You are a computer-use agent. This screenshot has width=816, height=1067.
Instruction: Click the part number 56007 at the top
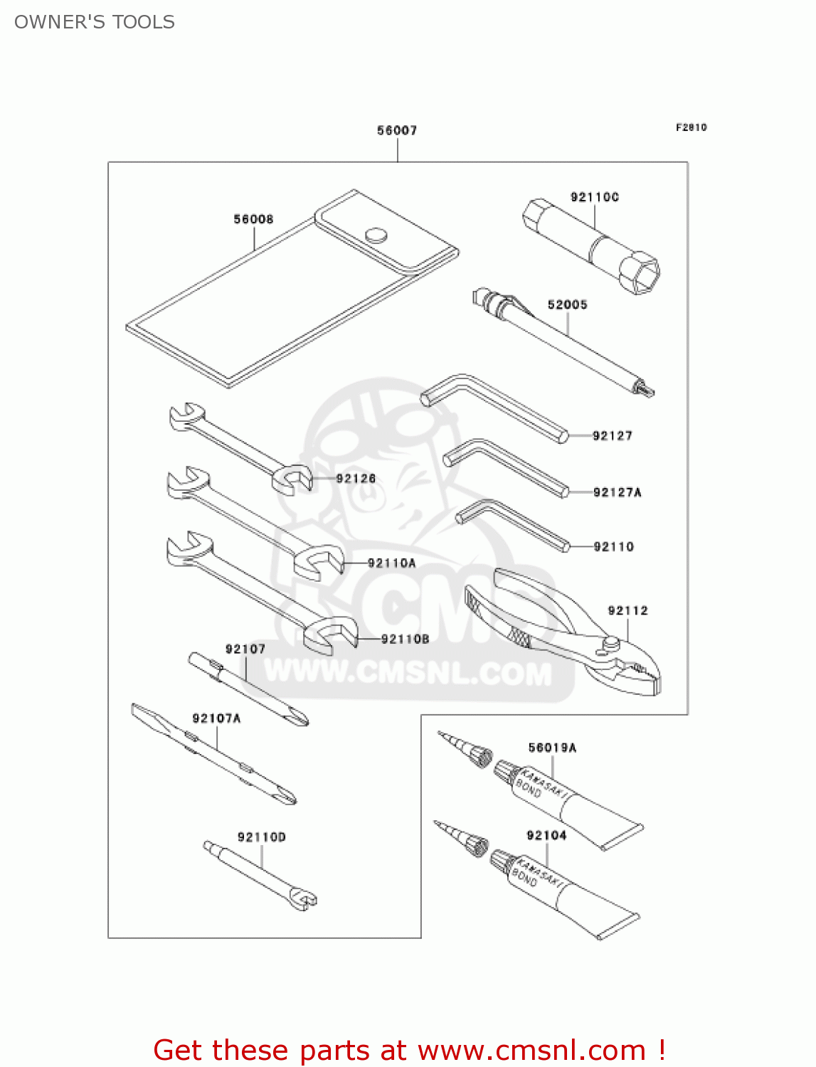pyautogui.click(x=397, y=130)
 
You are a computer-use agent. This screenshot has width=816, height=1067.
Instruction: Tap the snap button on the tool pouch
pyautogui.click(x=375, y=235)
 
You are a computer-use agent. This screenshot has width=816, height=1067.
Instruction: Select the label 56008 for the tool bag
pyautogui.click(x=253, y=219)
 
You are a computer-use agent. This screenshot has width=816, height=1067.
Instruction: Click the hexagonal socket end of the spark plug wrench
pyautogui.click(x=639, y=273)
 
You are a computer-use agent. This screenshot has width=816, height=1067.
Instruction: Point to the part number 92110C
pyautogui.click(x=594, y=197)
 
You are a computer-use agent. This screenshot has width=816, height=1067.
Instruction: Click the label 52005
pyautogui.click(x=567, y=304)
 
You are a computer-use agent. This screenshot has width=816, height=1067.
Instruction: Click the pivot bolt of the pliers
pyautogui.click(x=610, y=643)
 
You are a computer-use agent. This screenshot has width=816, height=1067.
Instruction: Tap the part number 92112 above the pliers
pyautogui.click(x=627, y=610)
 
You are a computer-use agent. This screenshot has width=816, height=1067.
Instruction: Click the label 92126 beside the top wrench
pyautogui.click(x=356, y=479)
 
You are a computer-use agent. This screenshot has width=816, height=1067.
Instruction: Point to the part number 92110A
pyautogui.click(x=391, y=563)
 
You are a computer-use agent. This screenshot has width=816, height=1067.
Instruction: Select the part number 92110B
pyautogui.click(x=405, y=639)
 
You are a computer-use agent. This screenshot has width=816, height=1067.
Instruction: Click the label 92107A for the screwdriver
pyautogui.click(x=216, y=718)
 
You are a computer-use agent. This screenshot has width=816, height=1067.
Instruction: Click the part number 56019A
pyautogui.click(x=552, y=748)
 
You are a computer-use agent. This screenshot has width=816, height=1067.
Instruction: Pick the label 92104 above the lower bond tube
pyautogui.click(x=546, y=835)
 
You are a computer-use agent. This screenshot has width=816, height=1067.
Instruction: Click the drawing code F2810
pyautogui.click(x=691, y=127)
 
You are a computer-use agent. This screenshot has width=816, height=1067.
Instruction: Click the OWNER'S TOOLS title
pyautogui.click(x=95, y=22)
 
